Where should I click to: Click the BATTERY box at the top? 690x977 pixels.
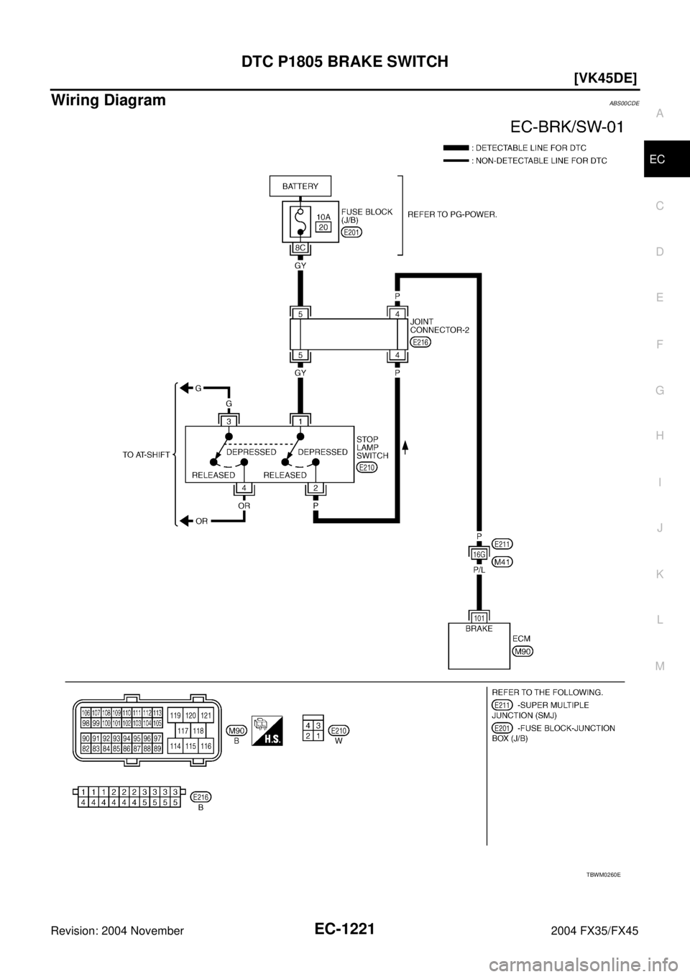click(x=300, y=186)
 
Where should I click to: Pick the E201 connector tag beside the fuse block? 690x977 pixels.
click(x=352, y=232)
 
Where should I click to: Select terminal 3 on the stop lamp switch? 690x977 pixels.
click(x=228, y=419)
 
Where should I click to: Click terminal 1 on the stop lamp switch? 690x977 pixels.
click(x=300, y=419)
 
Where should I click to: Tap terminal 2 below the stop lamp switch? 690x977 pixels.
click(x=316, y=488)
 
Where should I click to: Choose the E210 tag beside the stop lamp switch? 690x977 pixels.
click(x=367, y=466)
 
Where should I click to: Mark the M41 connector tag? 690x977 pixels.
click(x=503, y=563)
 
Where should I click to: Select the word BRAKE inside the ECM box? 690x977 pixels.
click(x=479, y=628)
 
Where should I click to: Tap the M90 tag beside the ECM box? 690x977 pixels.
click(x=523, y=651)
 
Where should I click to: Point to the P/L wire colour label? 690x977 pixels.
click(x=479, y=568)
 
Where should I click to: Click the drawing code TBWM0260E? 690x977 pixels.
click(x=602, y=874)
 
